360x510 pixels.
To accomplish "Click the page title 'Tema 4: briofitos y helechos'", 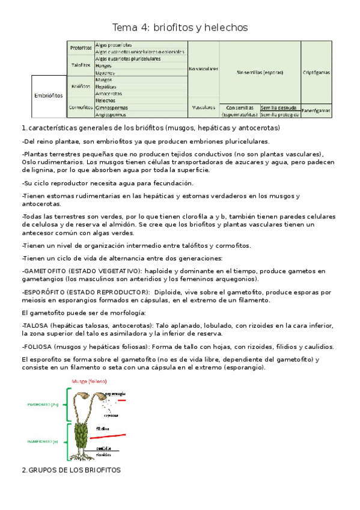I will (180, 28).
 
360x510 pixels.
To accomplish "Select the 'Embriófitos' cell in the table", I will (47, 95).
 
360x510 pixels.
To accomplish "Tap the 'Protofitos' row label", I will (81, 48).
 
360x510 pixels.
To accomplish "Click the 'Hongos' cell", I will (105, 66).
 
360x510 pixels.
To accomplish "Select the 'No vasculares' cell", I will (203, 69).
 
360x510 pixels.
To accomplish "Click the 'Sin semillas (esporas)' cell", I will (260, 72).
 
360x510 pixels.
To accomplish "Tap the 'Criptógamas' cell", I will (317, 72).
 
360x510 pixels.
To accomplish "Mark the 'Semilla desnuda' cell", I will (279, 107).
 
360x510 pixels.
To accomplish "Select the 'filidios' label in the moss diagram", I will (103, 428).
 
